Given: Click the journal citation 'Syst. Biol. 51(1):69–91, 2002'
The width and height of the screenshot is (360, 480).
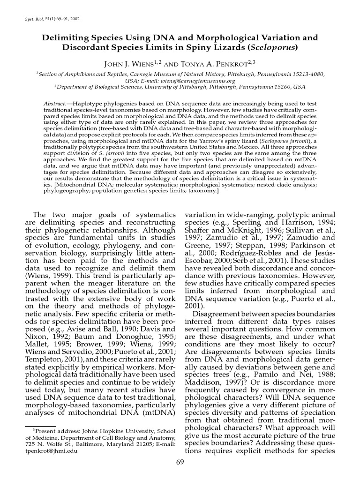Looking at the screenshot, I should pyautogui.click(x=52, y=19).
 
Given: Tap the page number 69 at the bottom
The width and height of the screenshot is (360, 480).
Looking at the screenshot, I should pyautogui.click(x=180, y=462).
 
